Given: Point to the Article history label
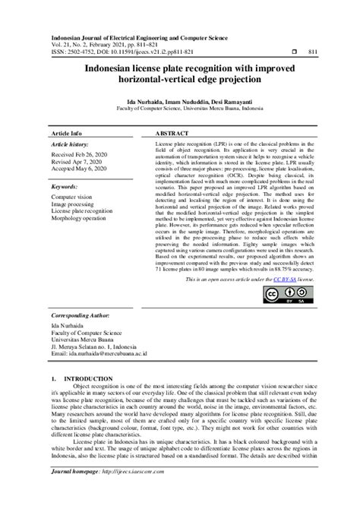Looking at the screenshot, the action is click(70, 143).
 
